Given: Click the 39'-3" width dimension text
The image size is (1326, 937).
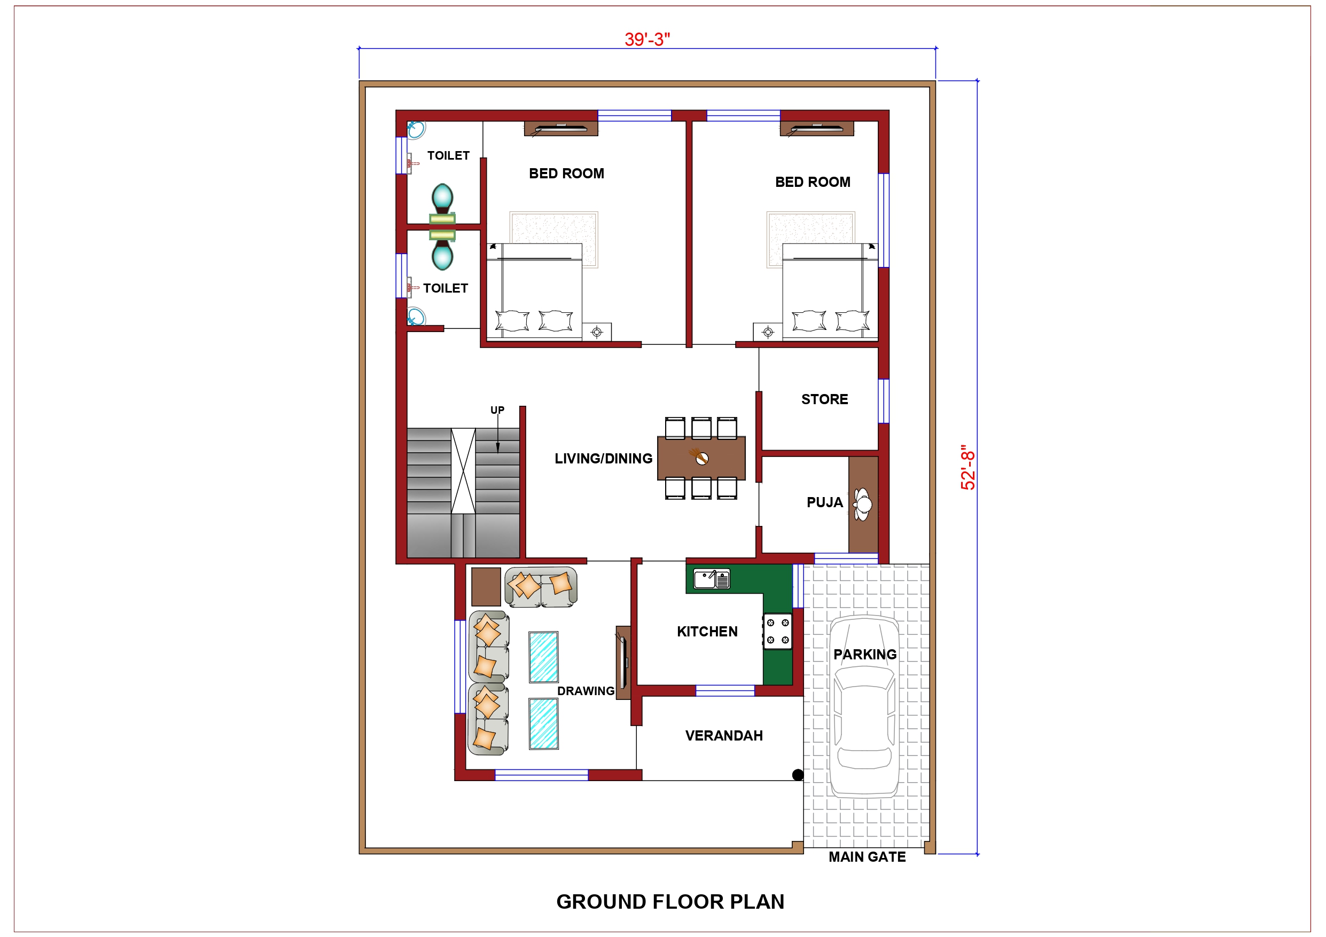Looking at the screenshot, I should (x=647, y=40).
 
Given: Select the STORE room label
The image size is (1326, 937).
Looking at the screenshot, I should (x=824, y=399).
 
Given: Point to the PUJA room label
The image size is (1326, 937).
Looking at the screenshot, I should (x=824, y=502).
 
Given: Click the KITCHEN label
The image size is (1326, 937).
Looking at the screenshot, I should (x=707, y=632).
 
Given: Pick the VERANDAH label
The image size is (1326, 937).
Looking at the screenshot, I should (x=724, y=736).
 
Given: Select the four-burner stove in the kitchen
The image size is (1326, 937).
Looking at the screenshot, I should (x=777, y=632).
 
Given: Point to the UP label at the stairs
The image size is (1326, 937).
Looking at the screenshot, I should (x=497, y=410).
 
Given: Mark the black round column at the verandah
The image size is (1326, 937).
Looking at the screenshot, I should (x=798, y=775).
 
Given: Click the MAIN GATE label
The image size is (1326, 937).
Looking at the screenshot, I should (x=867, y=857).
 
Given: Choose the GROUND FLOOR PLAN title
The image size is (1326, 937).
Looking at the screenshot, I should (x=670, y=902).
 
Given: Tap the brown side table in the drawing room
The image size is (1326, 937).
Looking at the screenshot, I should (x=486, y=587).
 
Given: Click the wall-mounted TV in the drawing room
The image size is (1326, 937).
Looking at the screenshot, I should (x=623, y=662).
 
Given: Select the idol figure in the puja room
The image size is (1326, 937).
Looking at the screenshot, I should (x=863, y=504).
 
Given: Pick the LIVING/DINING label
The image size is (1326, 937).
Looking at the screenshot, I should (x=603, y=459).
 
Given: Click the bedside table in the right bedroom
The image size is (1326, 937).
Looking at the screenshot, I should (x=768, y=332).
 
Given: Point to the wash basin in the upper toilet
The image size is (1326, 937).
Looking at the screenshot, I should (x=416, y=130).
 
